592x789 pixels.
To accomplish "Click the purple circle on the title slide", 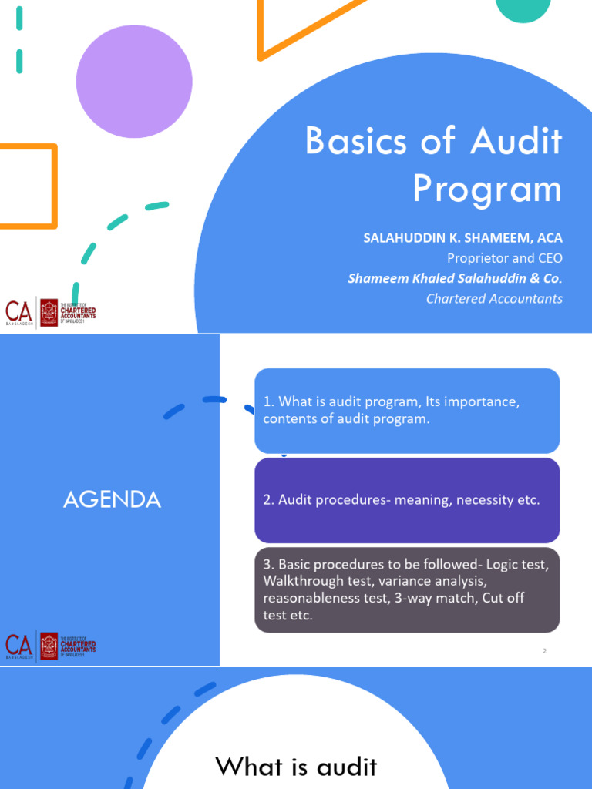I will pyautogui.click(x=134, y=82).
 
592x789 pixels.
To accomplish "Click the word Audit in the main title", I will pyautogui.click(x=516, y=143).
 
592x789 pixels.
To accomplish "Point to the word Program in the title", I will pyautogui.click(x=487, y=189).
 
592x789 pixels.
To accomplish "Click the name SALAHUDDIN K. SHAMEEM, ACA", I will pyautogui.click(x=462, y=238).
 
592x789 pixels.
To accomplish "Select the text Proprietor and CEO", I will pyautogui.click(x=505, y=258).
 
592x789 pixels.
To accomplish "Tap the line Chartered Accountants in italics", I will pyautogui.click(x=494, y=298).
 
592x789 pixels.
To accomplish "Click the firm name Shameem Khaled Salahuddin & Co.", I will pyautogui.click(x=455, y=278).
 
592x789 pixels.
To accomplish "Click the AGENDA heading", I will pyautogui.click(x=112, y=500).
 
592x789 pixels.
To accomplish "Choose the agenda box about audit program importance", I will pyautogui.click(x=407, y=411).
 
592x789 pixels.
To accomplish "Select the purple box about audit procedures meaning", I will pyautogui.click(x=407, y=500).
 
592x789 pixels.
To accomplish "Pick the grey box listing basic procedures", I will pyautogui.click(x=407, y=590).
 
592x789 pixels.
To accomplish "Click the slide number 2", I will pyautogui.click(x=544, y=651).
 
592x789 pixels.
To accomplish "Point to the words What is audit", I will pyautogui.click(x=296, y=767).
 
